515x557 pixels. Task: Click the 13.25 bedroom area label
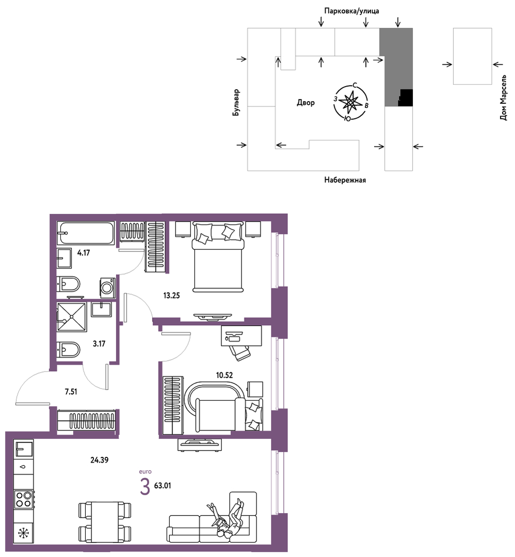pyautogui.click(x=171, y=295)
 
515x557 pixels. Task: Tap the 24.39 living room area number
pyautogui.click(x=100, y=460)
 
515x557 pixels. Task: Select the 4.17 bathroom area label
pyautogui.click(x=84, y=253)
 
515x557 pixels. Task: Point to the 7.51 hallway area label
pyautogui.click(x=71, y=392)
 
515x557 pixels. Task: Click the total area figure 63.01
pyautogui.click(x=163, y=486)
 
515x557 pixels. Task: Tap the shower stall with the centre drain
pyautogui.click(x=72, y=317)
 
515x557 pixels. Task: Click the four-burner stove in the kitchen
pyautogui.click(x=23, y=499)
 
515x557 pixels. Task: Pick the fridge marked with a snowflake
pyautogui.click(x=23, y=533)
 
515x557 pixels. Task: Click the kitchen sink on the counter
pyautogui.click(x=23, y=448)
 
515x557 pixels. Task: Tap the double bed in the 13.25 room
pyautogui.click(x=218, y=257)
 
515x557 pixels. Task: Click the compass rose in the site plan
pyautogui.click(x=351, y=102)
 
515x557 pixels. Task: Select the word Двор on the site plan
pyautogui.click(x=306, y=103)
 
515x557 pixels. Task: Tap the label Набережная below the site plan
pyautogui.click(x=345, y=180)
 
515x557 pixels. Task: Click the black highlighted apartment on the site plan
pyautogui.click(x=406, y=98)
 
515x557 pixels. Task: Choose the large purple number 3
pyautogui.click(x=145, y=486)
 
